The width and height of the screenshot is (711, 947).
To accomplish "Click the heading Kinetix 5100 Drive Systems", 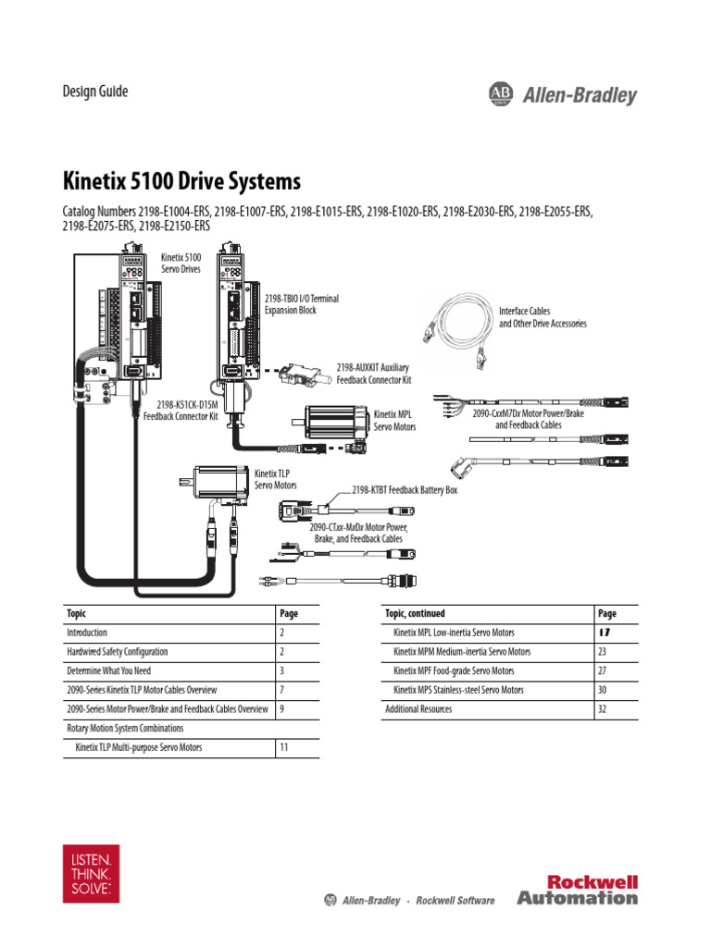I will [181, 178].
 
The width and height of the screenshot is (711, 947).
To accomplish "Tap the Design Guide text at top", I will [94, 92].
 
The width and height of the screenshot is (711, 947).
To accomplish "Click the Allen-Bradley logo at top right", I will [562, 94].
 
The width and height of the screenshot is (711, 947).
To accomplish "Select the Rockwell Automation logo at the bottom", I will [577, 890].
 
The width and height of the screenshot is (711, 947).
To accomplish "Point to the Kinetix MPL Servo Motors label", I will [394, 421].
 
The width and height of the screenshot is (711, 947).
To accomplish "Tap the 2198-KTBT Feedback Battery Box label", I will [405, 490].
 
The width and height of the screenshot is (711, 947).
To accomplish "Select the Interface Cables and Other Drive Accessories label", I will [543, 317].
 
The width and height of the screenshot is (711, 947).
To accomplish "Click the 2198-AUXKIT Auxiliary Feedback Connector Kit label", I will [373, 374].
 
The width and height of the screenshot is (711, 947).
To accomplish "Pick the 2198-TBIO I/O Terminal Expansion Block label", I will [302, 304].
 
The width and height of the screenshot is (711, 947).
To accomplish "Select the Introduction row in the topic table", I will [86, 633].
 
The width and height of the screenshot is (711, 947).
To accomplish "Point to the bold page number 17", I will [604, 633].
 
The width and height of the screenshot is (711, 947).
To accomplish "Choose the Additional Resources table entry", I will [418, 709].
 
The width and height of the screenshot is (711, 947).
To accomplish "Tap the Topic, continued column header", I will [415, 613].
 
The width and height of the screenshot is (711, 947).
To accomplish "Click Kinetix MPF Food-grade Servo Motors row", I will [454, 670].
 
